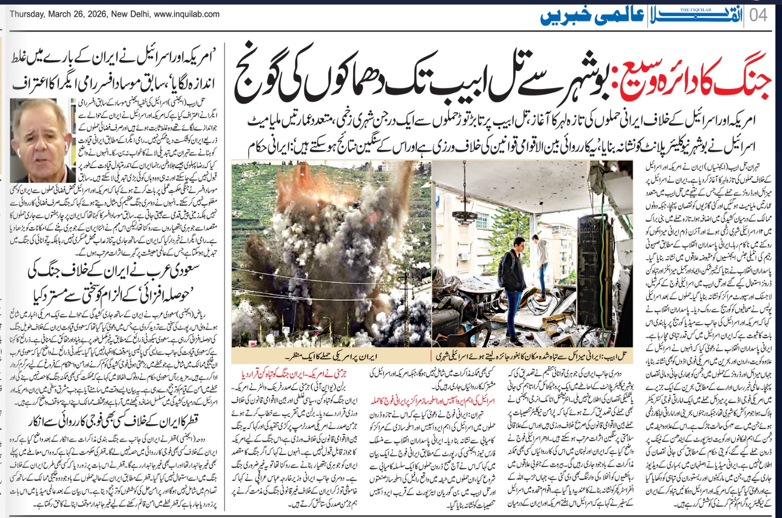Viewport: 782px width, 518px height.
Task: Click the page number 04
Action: [759, 15]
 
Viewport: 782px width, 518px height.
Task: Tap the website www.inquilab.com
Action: [187, 14]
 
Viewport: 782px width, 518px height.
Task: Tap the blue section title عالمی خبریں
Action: [592, 16]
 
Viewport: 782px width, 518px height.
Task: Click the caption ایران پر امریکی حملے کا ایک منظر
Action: [331, 356]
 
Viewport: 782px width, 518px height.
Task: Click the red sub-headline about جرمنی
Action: [294, 374]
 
